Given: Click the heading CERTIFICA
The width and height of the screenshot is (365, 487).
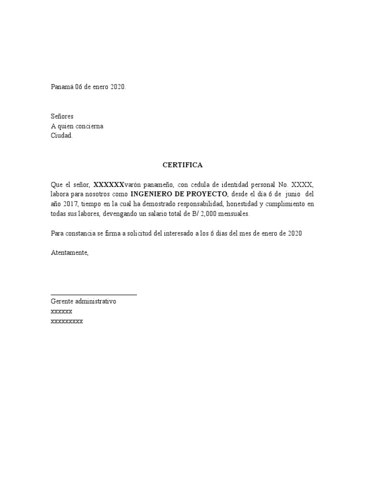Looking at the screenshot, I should pyautogui.click(x=182, y=165).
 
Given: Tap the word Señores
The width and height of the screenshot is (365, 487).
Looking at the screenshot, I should pyautogui.click(x=62, y=117).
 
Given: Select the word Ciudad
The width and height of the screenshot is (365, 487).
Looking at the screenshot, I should pyautogui.click(x=62, y=136).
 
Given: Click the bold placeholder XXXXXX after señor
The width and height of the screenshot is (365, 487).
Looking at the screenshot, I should pyautogui.click(x=109, y=185).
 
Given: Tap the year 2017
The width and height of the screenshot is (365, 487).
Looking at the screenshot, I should pyautogui.click(x=70, y=204).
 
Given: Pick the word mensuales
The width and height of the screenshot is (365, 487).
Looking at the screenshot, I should pyautogui.click(x=232, y=214).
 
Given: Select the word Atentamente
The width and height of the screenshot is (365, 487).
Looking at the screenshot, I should pyautogui.click(x=69, y=253).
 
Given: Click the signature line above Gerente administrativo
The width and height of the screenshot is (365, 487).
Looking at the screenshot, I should pyautogui.click(x=94, y=295).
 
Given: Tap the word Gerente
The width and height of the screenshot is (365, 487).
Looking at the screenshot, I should pyautogui.click(x=62, y=302).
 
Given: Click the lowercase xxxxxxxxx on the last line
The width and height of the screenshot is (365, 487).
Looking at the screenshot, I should pyautogui.click(x=67, y=321).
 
